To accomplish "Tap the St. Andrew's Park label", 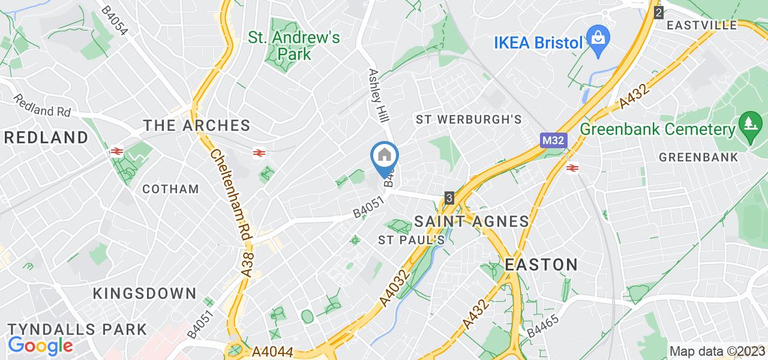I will tap(294, 46).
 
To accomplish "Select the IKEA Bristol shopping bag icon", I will tap(598, 40).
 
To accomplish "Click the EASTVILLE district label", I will tap(701, 25).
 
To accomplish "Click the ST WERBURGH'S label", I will tap(469, 119).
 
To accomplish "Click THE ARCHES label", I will tap(196, 125).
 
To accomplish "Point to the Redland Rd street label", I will tap(43, 106).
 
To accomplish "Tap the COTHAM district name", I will tap(170, 189).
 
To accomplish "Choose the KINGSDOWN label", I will tap(145, 293).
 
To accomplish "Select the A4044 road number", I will tap(273, 351).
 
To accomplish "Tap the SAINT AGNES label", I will tap(472, 221).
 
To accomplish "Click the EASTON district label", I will tap(541, 265).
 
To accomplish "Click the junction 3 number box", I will tap(449, 197).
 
